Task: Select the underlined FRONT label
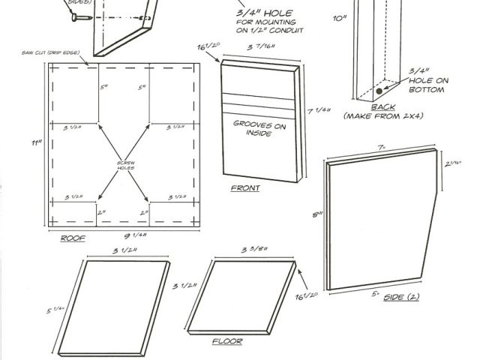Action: point(244,188)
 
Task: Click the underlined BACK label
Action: point(382,107)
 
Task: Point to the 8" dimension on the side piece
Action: point(318,214)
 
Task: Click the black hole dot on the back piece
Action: point(380,91)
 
